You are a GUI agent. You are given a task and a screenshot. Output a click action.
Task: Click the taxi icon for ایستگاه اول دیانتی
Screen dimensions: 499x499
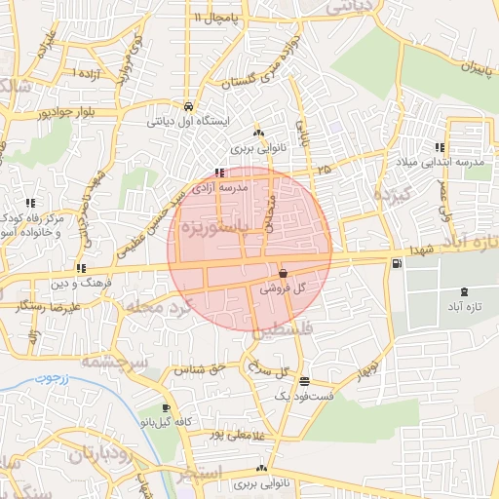186,106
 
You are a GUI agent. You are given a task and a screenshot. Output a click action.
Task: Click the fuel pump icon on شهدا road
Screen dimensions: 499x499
395,262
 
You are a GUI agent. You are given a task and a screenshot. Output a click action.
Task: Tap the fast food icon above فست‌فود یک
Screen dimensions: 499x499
306,382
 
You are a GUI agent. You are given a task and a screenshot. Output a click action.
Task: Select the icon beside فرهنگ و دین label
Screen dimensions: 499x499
80,267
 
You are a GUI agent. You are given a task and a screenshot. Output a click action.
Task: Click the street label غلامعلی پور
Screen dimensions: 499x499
218,432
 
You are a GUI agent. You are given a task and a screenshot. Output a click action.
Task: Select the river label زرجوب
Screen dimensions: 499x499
48,376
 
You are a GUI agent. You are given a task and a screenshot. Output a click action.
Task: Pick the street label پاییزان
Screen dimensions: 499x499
459,69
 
